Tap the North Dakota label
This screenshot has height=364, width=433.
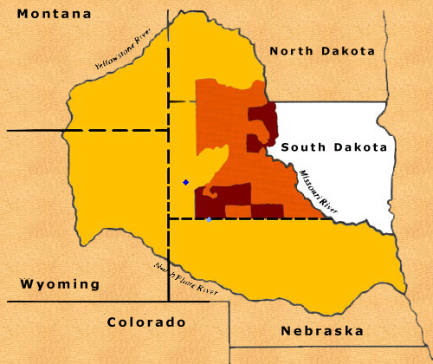click(322, 51)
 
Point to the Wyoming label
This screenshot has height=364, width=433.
click(60, 284)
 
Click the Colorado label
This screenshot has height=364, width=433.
click(147, 322)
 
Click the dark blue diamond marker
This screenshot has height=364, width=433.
click(185, 182)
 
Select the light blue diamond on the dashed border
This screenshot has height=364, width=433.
click(208, 219)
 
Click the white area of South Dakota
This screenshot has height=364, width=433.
click(346, 182)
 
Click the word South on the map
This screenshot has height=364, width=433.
click(303, 147)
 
